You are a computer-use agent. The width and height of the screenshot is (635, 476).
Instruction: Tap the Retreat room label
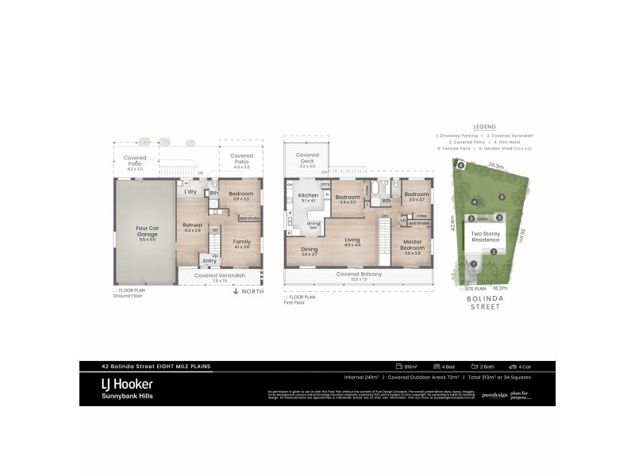tap(193, 225)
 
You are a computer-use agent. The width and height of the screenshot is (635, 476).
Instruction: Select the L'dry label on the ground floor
tap(190, 192)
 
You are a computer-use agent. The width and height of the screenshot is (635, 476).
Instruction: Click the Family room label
tap(241, 243)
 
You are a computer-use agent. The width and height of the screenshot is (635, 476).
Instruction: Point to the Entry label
tap(210, 260)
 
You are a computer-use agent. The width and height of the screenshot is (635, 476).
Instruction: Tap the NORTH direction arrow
tap(235, 292)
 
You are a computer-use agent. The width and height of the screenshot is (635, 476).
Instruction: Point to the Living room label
tap(352, 240)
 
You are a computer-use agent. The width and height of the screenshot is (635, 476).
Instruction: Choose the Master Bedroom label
tap(412, 244)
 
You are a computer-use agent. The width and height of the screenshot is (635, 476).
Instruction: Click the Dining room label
tap(310, 250)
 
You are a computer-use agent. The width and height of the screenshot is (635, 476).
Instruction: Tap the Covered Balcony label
tap(359, 274)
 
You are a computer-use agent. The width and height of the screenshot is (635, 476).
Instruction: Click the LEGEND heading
tap(484, 127)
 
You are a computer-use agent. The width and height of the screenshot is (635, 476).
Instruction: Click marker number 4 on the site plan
tap(474, 202)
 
